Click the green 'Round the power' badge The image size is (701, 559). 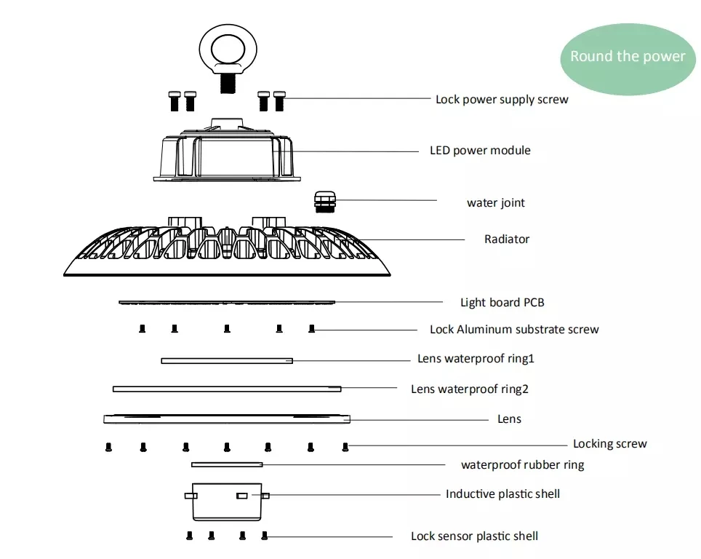[628, 57]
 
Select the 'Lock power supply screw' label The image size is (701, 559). [502, 99]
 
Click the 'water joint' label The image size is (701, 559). [495, 202]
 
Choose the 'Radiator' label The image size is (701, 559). [507, 239]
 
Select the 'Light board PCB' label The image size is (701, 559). [502, 302]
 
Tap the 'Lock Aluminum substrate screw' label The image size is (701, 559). [514, 329]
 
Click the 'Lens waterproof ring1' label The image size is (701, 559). [476, 358]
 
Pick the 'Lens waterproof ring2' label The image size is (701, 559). [469, 389]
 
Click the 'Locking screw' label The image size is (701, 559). [609, 443]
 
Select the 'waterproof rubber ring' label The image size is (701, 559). [522, 464]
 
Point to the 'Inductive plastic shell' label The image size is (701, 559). [502, 493]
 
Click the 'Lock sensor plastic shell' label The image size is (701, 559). [474, 536]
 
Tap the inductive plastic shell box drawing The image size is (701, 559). [227, 501]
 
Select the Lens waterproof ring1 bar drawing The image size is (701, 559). [227, 360]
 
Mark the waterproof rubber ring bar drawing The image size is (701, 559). [227, 464]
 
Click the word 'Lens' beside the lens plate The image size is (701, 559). [509, 419]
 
